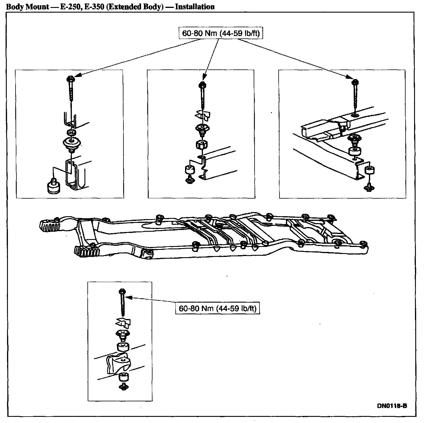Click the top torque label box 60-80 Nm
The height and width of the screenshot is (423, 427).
tap(221, 33)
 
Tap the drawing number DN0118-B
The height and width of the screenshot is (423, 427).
tap(392, 406)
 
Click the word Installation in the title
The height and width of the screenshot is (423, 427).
tap(195, 7)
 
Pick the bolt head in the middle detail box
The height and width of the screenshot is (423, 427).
tap(202, 85)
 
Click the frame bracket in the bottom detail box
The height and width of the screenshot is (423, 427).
tap(119, 363)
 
